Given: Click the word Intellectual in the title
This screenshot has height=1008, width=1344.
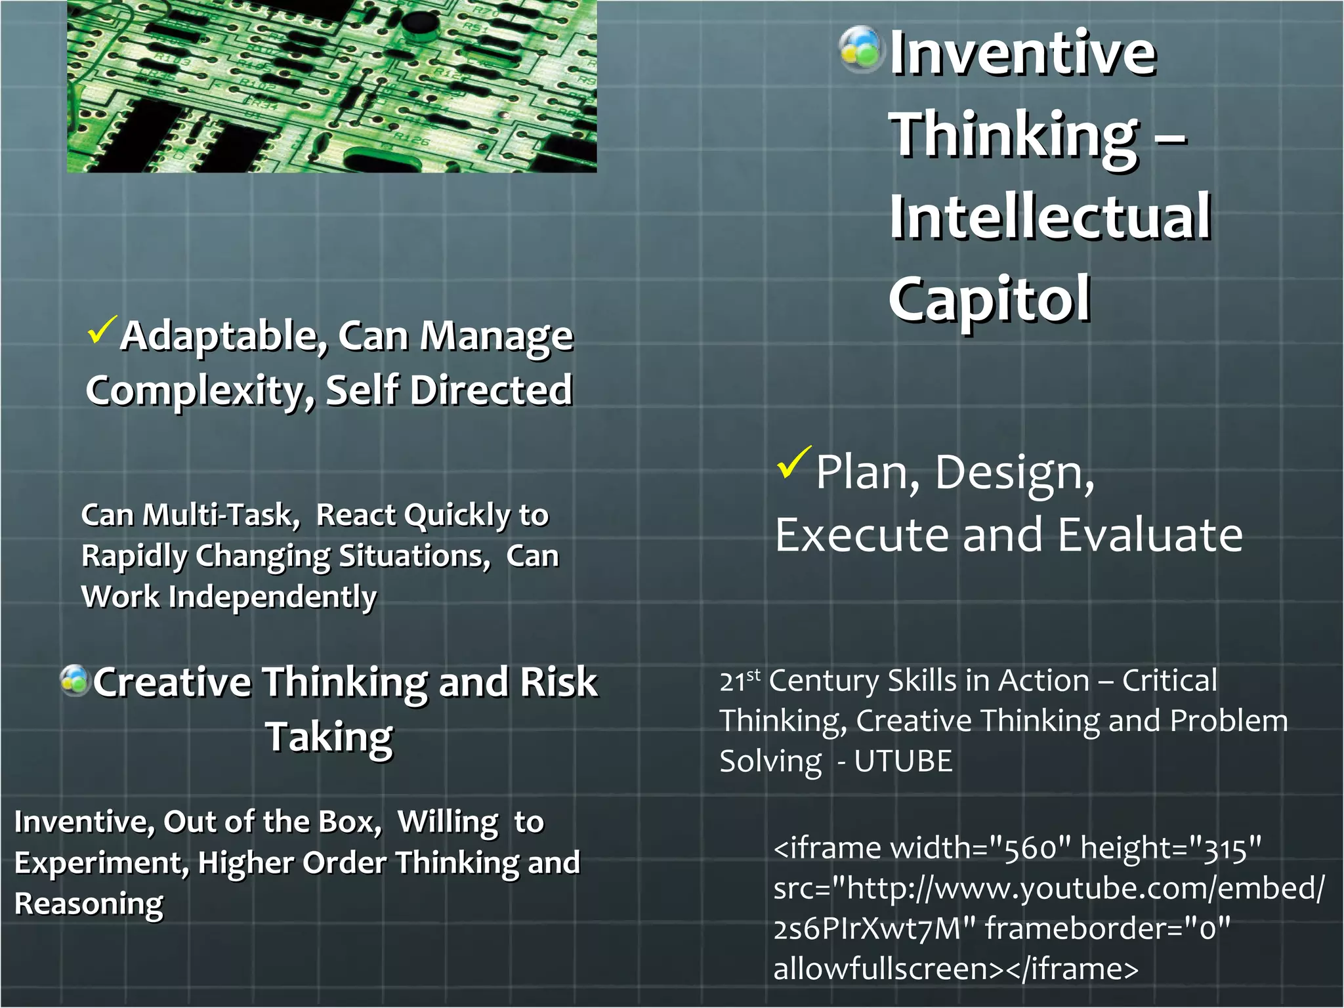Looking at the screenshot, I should [x=1050, y=217].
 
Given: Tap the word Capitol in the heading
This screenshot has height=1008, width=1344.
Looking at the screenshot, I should [x=990, y=299].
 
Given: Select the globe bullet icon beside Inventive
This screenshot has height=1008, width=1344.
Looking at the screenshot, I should [x=860, y=49].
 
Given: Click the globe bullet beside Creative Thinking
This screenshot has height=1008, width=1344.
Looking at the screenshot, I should [x=75, y=681].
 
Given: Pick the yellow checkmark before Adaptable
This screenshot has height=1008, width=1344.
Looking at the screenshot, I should [x=102, y=329].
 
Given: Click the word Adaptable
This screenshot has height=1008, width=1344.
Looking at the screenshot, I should [x=224, y=337].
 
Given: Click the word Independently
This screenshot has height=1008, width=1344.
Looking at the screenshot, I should [x=272, y=597].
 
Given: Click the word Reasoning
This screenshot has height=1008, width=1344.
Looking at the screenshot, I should [x=89, y=904].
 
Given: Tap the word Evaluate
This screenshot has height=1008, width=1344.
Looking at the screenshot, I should [x=1150, y=535].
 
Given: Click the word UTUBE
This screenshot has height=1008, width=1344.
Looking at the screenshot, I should [x=903, y=762].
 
